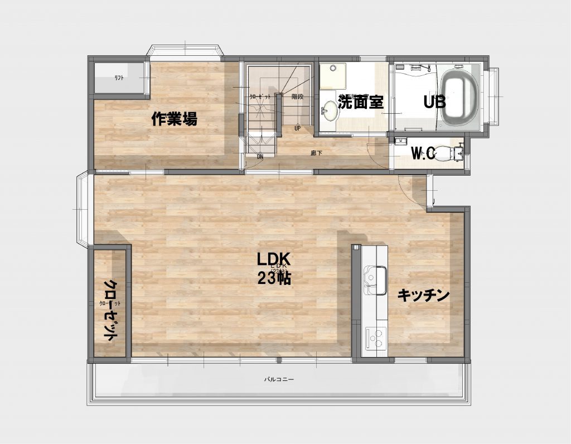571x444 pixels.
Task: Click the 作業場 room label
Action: (x=175, y=119)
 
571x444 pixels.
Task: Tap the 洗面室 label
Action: (x=361, y=103)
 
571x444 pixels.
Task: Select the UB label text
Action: (x=434, y=103)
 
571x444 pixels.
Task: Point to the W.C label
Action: (x=423, y=154)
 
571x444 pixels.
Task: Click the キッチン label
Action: (x=423, y=296)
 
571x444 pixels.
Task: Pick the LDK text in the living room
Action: (x=274, y=259)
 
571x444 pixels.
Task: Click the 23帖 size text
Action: (x=274, y=278)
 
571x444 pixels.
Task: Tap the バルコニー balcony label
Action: (x=279, y=379)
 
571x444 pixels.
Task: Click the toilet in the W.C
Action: (x=446, y=152)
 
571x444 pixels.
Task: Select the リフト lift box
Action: (x=119, y=78)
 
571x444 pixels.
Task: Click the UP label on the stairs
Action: (x=297, y=128)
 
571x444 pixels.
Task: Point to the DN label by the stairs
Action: (x=260, y=157)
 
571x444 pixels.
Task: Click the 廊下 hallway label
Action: (x=316, y=152)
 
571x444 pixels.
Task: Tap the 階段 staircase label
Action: (x=297, y=96)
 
